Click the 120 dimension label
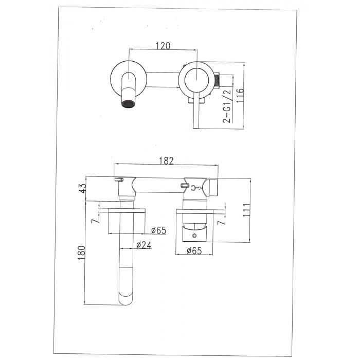pyautogui.click(x=163, y=46)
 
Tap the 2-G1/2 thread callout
pyautogui.click(x=227, y=106)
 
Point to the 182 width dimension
pyautogui.click(x=167, y=160)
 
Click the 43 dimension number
pyautogui.click(x=82, y=188)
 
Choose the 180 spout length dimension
pyautogui.click(x=81, y=253)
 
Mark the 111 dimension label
pyautogui.click(x=246, y=210)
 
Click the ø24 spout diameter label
pyautogui.click(x=144, y=245)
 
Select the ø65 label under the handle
pyautogui.click(x=194, y=251)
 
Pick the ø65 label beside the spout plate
pyautogui.click(x=158, y=230)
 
